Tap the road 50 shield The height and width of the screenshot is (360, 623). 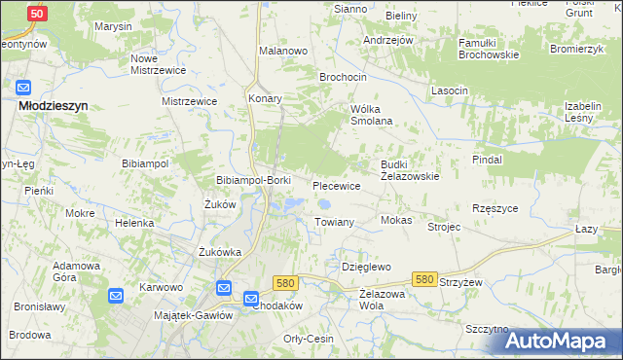(x=37, y=15)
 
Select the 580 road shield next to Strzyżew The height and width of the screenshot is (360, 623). (x=423, y=279)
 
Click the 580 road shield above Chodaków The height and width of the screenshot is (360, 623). (x=284, y=282)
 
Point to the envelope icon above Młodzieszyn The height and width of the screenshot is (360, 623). (x=24, y=89)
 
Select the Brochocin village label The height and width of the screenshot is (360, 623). (x=343, y=76)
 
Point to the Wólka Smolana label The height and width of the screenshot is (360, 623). (x=371, y=115)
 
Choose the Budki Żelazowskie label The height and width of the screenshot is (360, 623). (x=410, y=171)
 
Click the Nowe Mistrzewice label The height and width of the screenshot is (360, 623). (x=158, y=64)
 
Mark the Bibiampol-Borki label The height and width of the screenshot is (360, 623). (x=253, y=181)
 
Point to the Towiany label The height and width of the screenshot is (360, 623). (x=334, y=223)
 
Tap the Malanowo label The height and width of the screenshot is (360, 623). (x=283, y=50)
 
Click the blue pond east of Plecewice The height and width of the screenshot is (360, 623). (x=325, y=204)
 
